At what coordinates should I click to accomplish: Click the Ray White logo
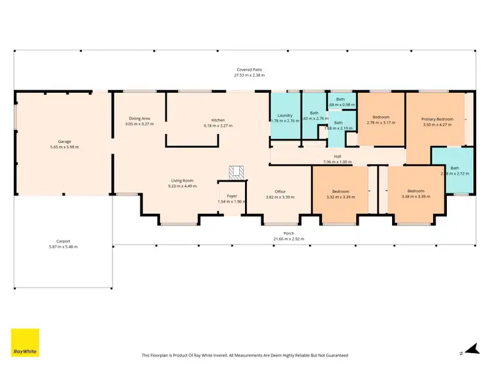click(25, 343)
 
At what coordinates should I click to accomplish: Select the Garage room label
click(64, 141)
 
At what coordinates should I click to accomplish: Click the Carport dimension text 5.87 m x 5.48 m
click(64, 246)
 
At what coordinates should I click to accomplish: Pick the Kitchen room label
click(218, 120)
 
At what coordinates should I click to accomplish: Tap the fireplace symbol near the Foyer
click(236, 171)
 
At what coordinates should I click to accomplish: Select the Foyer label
click(232, 196)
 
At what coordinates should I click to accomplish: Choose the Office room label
click(280, 192)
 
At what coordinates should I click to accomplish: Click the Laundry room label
click(285, 116)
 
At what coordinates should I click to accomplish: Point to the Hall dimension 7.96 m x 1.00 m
click(337, 161)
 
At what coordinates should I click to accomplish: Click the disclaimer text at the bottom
click(245, 356)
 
